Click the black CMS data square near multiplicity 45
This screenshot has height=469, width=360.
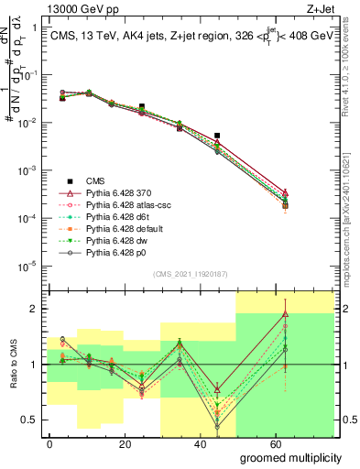point(217,136)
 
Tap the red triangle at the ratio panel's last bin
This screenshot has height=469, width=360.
point(287,314)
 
